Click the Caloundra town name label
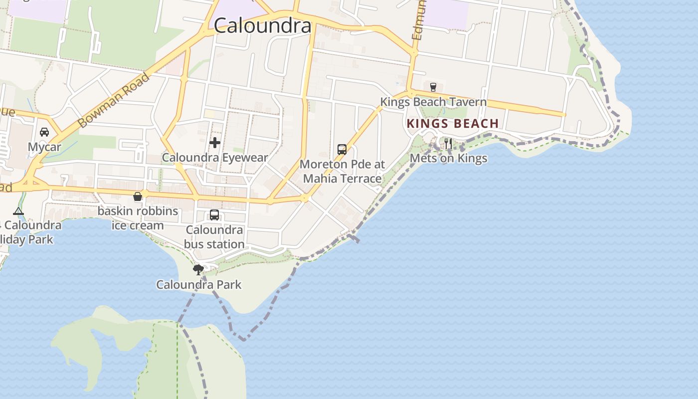click(263, 26)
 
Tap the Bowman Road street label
click(114, 100)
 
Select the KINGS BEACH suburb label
click(453, 124)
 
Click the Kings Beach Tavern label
click(433, 102)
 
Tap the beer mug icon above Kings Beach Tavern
click(433, 87)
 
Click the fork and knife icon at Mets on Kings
click(448, 144)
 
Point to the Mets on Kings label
click(448, 159)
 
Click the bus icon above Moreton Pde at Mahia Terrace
click(342, 149)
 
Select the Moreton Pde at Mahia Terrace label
click(343, 171)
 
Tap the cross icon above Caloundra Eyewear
click(215, 143)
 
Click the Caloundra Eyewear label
click(215, 158)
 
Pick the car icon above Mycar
click(44, 132)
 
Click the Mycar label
click(44, 147)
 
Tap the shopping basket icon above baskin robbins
click(138, 197)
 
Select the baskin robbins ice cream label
click(138, 218)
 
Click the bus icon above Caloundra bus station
click(214, 215)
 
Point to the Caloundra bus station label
click(214, 237)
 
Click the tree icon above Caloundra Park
click(198, 270)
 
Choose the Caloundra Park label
click(198, 285)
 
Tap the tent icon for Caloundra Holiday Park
click(18, 211)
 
